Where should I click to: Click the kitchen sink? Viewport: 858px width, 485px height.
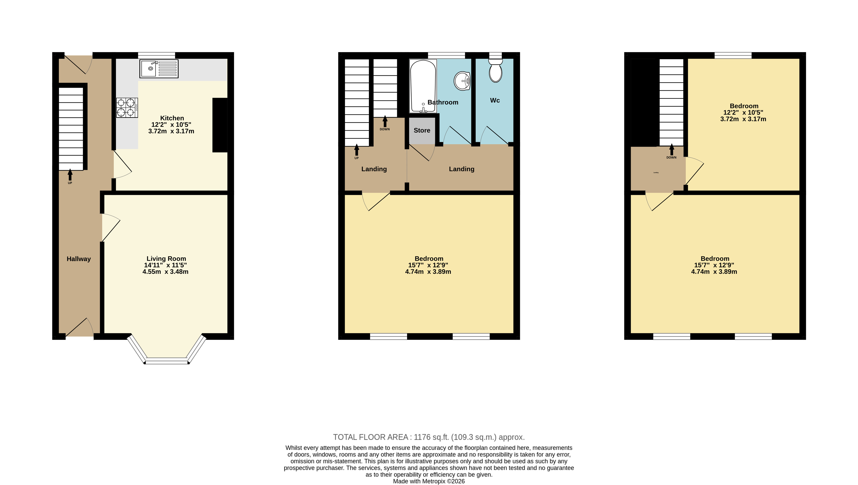159,69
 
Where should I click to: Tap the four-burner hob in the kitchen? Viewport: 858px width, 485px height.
127,108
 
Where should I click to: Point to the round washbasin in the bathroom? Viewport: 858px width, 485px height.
462,81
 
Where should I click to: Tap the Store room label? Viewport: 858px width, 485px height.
422,130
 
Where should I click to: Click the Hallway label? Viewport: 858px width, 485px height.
79,259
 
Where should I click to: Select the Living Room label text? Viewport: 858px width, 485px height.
166,259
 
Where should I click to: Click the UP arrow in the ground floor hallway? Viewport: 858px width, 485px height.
70,175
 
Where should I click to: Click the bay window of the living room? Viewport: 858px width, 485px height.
167,350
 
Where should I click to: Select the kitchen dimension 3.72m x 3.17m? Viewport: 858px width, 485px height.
171,131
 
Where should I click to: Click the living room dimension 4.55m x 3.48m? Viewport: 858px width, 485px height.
166,272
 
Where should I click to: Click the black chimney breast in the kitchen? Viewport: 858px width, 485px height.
220,125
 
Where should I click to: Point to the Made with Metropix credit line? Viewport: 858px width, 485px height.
429,481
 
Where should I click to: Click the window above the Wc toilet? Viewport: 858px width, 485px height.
495,55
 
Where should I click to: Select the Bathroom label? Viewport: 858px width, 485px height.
443,102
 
